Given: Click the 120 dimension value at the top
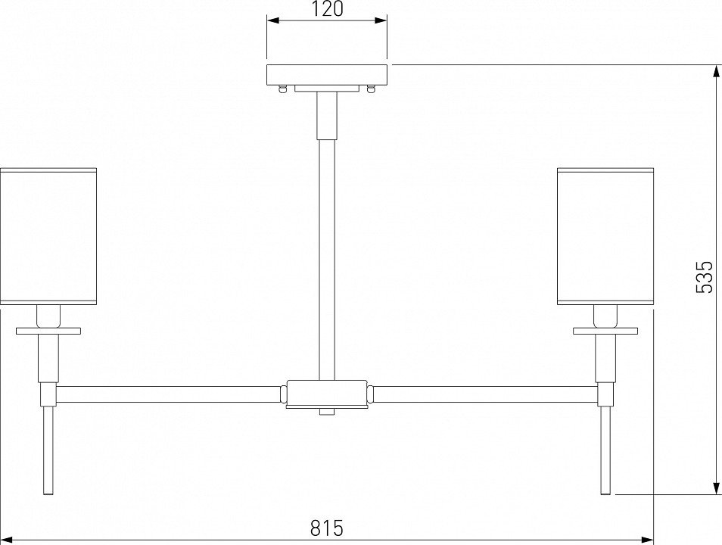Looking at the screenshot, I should [x=327, y=10].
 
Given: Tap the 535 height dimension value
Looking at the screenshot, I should [x=705, y=278].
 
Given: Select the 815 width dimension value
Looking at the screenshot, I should [x=327, y=528].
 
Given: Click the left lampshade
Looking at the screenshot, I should [x=48, y=237].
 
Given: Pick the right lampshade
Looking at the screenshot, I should [x=605, y=237].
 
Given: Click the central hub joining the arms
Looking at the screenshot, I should [x=327, y=394].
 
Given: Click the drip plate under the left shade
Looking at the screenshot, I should [x=48, y=331].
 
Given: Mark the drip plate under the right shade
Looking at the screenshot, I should [x=605, y=331].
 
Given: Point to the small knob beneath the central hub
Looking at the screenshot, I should [x=327, y=412].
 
